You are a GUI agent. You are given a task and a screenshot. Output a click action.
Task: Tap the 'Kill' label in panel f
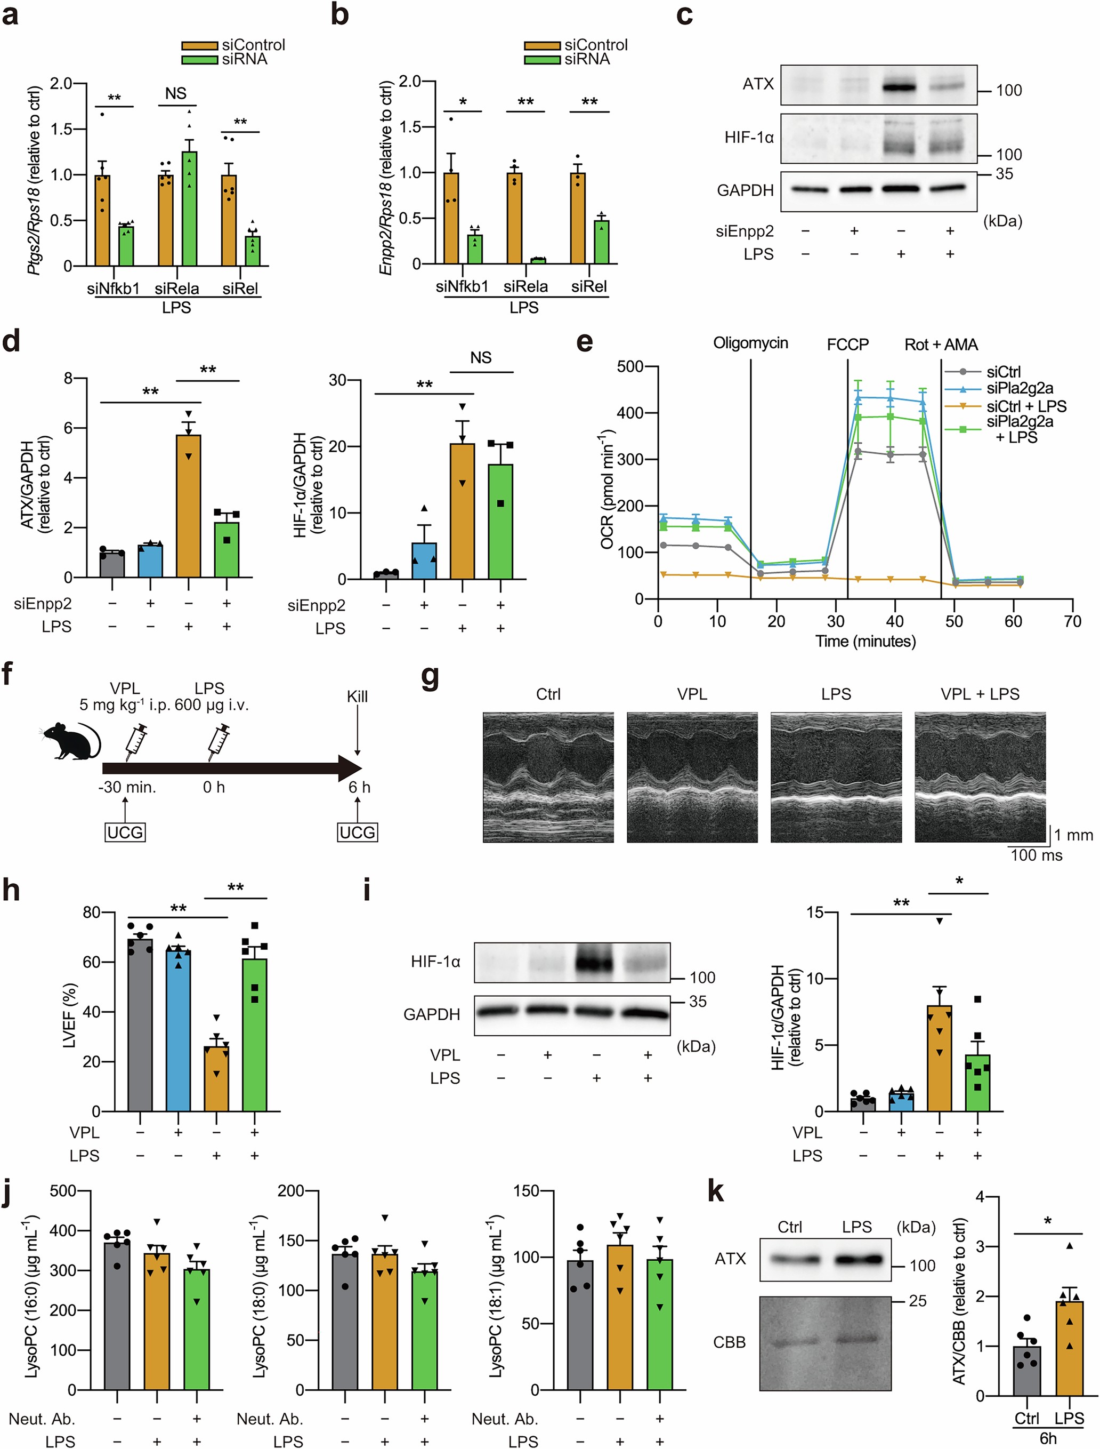coord(357,697)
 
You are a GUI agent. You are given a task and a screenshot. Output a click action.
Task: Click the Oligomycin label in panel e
coord(750,343)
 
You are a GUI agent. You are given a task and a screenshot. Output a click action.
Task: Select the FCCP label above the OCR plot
coord(847,345)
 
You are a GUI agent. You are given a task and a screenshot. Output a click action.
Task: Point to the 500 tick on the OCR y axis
coord(630,366)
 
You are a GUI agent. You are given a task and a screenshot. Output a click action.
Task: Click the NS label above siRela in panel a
coord(175,94)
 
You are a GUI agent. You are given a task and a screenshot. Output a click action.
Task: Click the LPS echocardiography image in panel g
coord(836,777)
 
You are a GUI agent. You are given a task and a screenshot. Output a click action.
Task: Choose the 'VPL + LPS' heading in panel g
coord(980,694)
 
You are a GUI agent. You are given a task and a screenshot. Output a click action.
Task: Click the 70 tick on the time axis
coord(1072,621)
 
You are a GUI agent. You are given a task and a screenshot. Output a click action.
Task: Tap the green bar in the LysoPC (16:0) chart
coord(197,1330)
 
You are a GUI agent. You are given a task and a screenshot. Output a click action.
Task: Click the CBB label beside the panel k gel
coord(730,1342)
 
